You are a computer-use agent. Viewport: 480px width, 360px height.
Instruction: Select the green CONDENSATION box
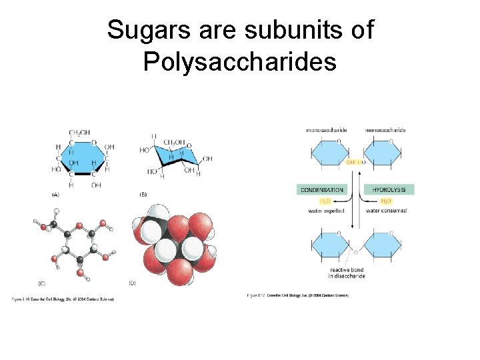click(322, 189)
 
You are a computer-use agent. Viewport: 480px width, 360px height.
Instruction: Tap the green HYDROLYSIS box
click(392, 189)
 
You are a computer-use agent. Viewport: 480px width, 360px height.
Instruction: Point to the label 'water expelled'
click(326, 211)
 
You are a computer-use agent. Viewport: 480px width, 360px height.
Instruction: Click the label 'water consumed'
click(386, 211)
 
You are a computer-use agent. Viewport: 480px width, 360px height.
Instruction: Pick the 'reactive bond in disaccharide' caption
click(347, 273)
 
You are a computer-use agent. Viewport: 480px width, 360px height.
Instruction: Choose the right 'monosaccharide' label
click(385, 130)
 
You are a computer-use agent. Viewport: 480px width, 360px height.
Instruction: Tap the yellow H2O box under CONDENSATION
click(325, 201)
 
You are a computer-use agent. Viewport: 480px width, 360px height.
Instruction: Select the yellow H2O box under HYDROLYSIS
click(386, 201)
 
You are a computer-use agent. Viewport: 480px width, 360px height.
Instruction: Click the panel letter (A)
click(55, 195)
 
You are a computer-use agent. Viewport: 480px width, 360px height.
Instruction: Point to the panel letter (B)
click(143, 195)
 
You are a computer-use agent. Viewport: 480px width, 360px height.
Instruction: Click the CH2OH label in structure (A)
click(79, 133)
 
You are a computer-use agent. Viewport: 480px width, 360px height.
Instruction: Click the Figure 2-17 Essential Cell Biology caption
click(297, 295)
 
